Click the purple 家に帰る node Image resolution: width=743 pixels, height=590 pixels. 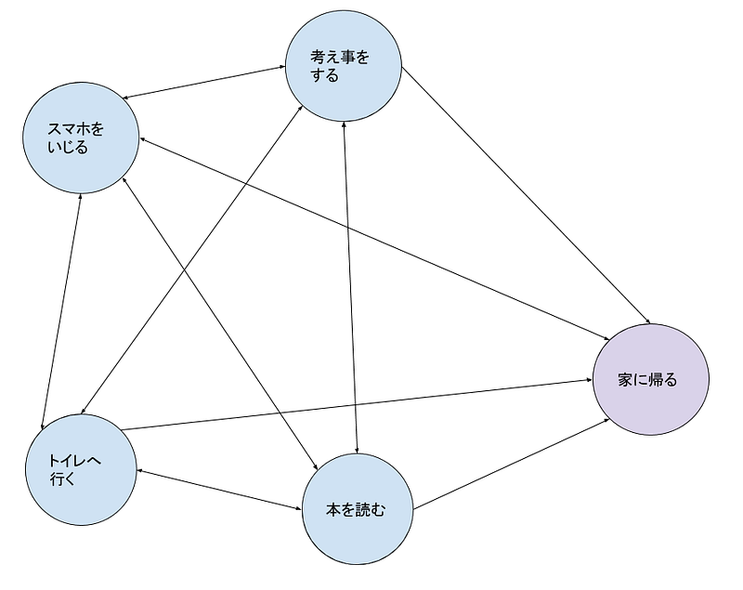651,379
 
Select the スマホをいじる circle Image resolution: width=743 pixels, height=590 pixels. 82,138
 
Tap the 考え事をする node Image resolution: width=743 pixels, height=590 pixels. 344,65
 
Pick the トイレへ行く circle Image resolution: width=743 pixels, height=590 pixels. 82,469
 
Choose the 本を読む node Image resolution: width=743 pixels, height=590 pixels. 358,509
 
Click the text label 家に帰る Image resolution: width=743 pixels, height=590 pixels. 647,380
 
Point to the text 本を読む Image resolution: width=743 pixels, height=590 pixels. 356,510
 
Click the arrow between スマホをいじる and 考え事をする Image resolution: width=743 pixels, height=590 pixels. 204,83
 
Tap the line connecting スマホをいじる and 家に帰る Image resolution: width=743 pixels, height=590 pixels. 374,239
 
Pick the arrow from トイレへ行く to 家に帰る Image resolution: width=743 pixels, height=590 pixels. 357,404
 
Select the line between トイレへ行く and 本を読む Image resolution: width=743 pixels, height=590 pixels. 219,490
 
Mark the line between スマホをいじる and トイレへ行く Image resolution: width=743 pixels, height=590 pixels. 61,311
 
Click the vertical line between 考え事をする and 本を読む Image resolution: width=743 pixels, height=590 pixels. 350,288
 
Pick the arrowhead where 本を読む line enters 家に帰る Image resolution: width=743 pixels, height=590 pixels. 607,420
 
